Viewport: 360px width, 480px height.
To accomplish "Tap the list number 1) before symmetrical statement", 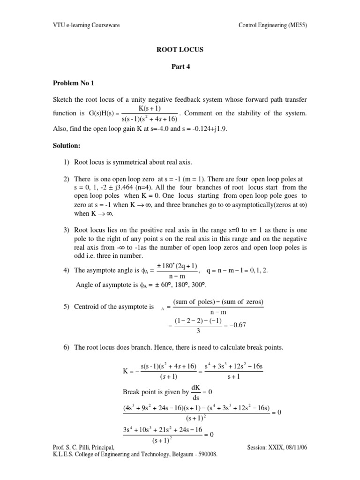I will click(67, 162).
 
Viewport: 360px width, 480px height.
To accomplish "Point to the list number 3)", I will click(67, 231).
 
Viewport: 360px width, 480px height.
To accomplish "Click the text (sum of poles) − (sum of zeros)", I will click(218, 301).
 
